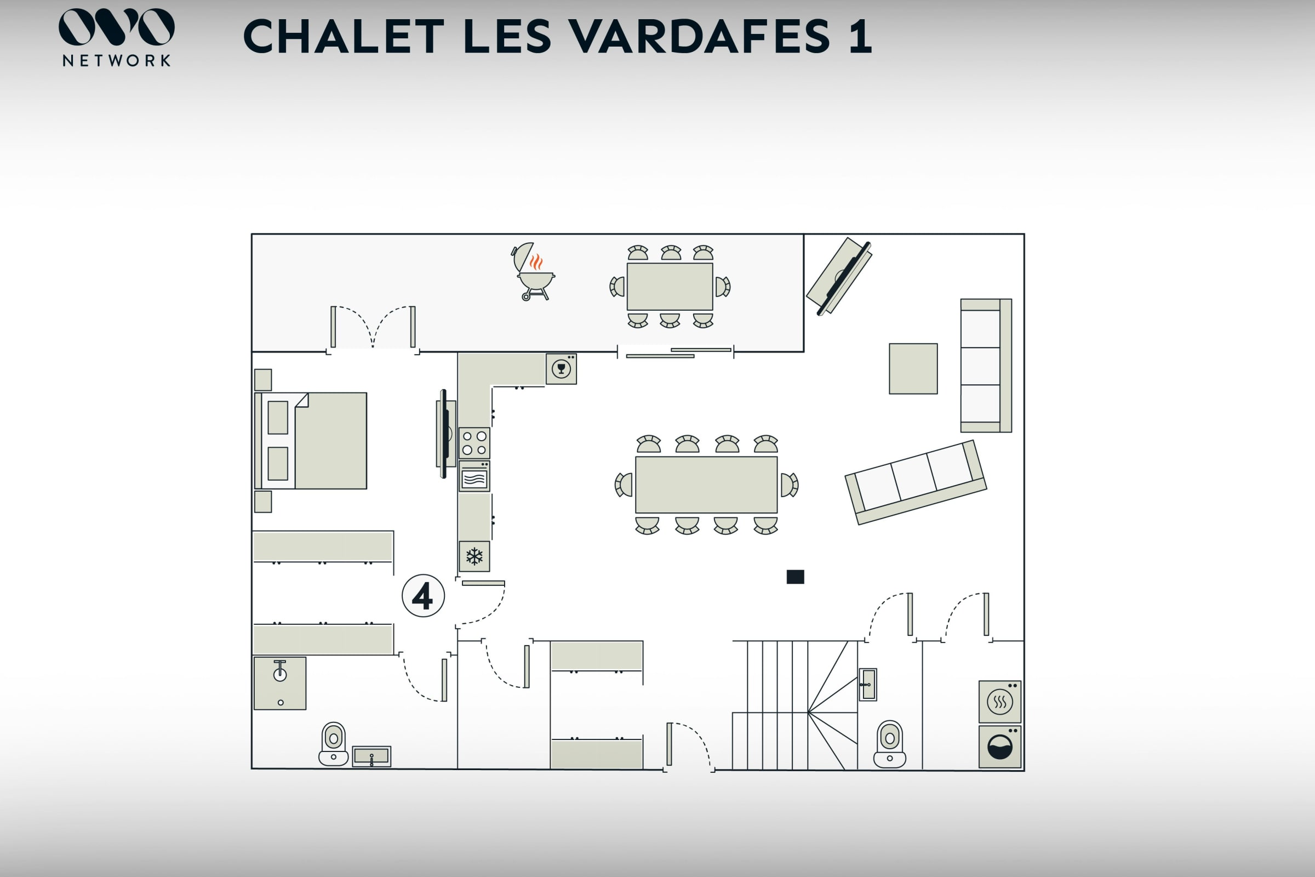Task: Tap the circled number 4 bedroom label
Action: (x=423, y=596)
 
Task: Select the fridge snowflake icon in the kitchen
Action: (x=474, y=556)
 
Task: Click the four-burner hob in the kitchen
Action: (x=474, y=443)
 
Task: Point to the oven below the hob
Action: (x=474, y=476)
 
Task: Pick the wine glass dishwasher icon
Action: (x=561, y=368)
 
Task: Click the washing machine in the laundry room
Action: (x=999, y=747)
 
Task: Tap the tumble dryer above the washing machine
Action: (x=999, y=702)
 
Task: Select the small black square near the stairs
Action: (x=795, y=577)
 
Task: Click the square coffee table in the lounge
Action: (x=913, y=368)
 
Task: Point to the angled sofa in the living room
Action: (x=916, y=482)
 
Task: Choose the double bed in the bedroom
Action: (x=311, y=441)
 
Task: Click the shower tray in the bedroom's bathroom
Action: (x=280, y=684)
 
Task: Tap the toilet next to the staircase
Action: (x=889, y=744)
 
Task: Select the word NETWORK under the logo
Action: (x=116, y=60)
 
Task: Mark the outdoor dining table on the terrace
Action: (x=670, y=286)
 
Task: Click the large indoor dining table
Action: (x=706, y=485)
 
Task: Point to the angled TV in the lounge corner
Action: (x=839, y=276)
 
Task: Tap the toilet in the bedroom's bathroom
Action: (x=333, y=744)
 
